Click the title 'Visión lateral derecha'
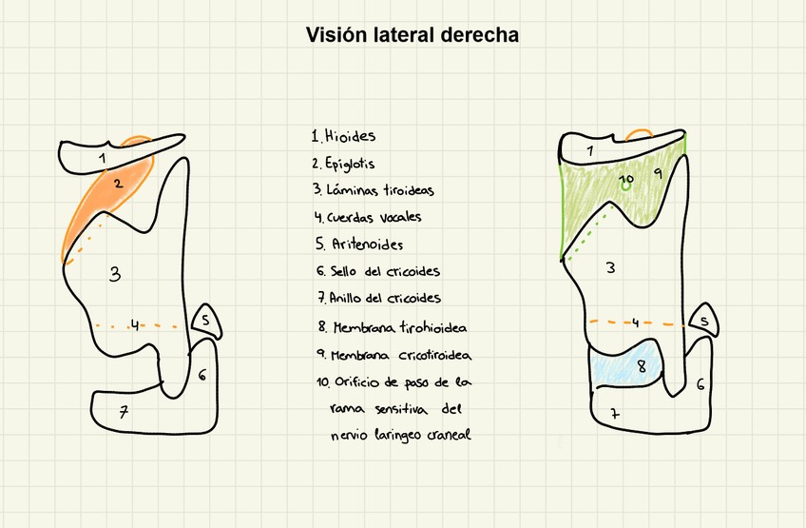pyautogui.click(x=412, y=35)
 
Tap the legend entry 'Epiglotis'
pyautogui.click(x=351, y=163)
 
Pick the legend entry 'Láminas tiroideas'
pyautogui.click(x=374, y=190)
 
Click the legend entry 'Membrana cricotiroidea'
pyautogui.click(x=394, y=355)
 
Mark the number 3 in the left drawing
pyautogui.click(x=115, y=275)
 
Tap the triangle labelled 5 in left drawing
pyautogui.click(x=207, y=322)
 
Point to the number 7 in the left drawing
pyautogui.click(x=123, y=412)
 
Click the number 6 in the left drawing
pyautogui.click(x=201, y=376)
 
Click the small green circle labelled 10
pyautogui.click(x=625, y=186)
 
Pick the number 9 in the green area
pyautogui.click(x=658, y=174)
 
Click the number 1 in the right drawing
pyautogui.click(x=591, y=150)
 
